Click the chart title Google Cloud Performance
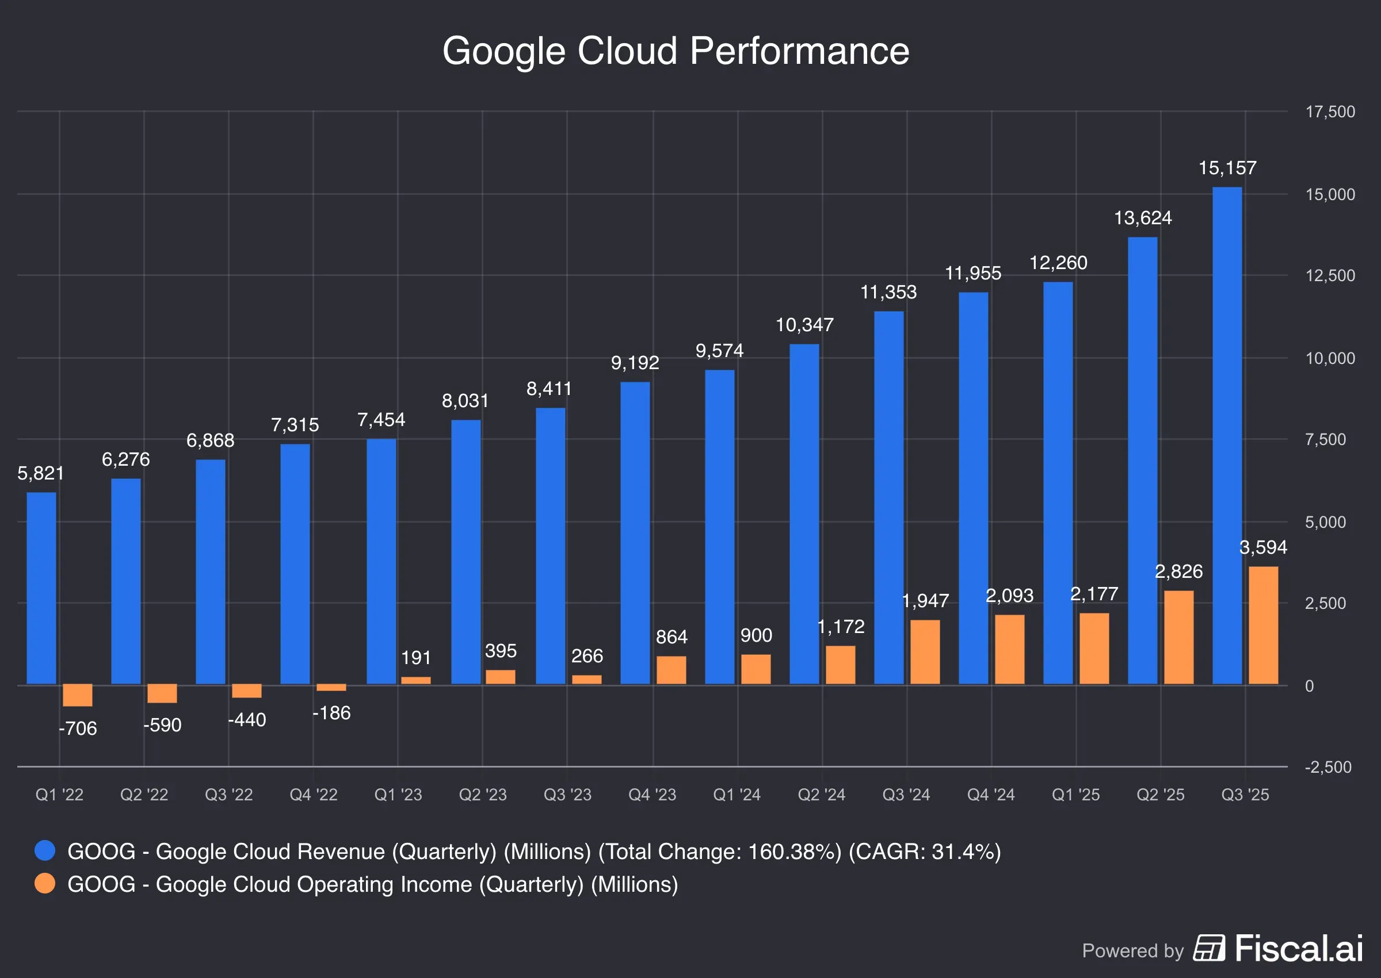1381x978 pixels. tap(676, 51)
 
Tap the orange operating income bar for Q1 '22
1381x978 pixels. tap(77, 695)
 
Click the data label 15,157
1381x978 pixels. tap(1227, 168)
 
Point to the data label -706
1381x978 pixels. tap(78, 728)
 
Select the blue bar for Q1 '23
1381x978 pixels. tap(381, 561)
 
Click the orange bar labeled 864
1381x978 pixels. tap(670, 670)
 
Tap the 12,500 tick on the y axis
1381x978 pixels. tap(1329, 276)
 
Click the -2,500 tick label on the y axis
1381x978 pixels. tap(1327, 767)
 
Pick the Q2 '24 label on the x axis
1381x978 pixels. tap(821, 795)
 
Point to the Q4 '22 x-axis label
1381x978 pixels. tap(314, 795)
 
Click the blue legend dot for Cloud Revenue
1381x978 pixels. tap(45, 850)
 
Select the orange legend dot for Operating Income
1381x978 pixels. tap(45, 884)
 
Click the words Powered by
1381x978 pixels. tap(1132, 950)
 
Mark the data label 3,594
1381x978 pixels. tap(1263, 547)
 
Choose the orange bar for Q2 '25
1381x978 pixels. tap(1178, 636)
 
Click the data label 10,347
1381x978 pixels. tap(804, 325)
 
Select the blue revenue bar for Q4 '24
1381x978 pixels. tap(973, 488)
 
